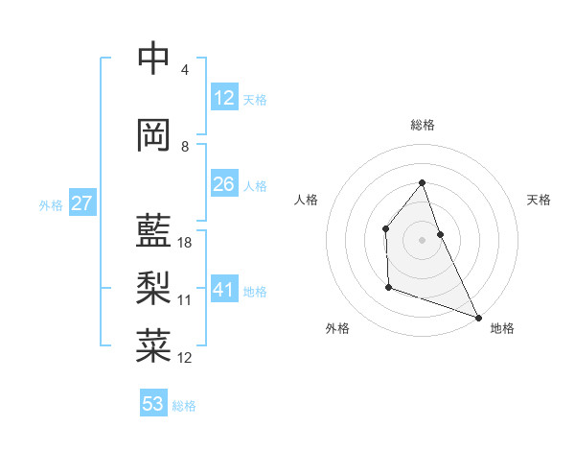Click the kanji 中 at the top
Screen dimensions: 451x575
(x=153, y=59)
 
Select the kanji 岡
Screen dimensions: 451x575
(x=153, y=135)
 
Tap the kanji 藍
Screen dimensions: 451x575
(x=153, y=231)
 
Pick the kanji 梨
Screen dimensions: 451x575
(x=153, y=287)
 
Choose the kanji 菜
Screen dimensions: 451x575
(x=153, y=344)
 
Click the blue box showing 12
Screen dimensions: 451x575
(x=223, y=98)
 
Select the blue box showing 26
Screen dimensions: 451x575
(x=223, y=184)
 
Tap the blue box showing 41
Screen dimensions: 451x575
(x=223, y=290)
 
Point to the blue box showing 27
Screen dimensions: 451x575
(x=81, y=203)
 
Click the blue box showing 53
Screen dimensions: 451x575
(x=153, y=404)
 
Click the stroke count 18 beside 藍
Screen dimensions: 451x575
(x=185, y=243)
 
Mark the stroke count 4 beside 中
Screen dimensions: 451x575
(x=185, y=70)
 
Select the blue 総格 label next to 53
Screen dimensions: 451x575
(x=184, y=406)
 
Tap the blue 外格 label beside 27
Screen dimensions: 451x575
(x=51, y=205)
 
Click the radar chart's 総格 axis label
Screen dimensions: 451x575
(x=422, y=125)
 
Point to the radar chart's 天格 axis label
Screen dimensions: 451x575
(x=540, y=200)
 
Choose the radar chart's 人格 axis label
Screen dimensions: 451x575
(x=306, y=200)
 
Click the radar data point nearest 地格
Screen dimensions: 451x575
(x=478, y=318)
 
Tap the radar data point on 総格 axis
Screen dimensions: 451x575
(x=422, y=182)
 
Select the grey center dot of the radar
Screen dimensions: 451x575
(x=422, y=240)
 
